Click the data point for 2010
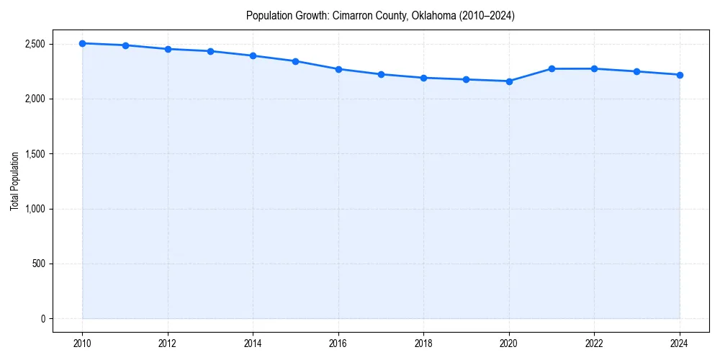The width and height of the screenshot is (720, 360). [x=83, y=43]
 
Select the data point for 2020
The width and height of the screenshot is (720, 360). [x=509, y=81]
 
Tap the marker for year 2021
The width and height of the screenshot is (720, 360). [x=552, y=68]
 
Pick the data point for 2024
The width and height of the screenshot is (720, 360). [x=680, y=75]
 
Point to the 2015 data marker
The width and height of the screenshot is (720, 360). [x=296, y=61]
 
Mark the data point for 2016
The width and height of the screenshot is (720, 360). [x=338, y=69]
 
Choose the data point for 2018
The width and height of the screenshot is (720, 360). [x=424, y=78]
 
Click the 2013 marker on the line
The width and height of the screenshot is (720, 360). [x=210, y=51]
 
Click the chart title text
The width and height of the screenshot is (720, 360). [x=380, y=15]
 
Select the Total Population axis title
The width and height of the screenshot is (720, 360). [x=14, y=181]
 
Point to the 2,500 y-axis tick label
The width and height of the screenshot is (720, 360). [x=34, y=44]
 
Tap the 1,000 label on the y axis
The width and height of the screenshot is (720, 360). [x=34, y=209]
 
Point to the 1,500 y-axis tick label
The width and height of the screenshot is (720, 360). [x=34, y=154]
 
